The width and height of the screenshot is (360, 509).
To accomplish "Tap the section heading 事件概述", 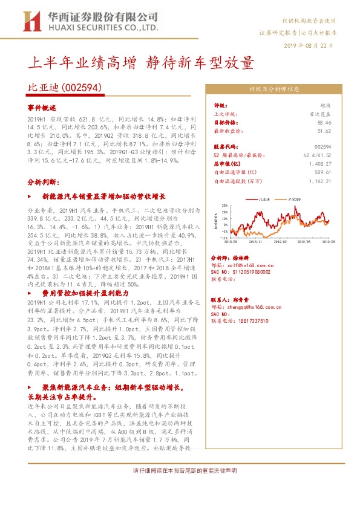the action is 42,107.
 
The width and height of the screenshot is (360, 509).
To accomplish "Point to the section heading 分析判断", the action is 43,181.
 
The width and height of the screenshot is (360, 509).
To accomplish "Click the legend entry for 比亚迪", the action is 263,198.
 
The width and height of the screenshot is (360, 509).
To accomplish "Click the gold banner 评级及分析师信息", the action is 275,88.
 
